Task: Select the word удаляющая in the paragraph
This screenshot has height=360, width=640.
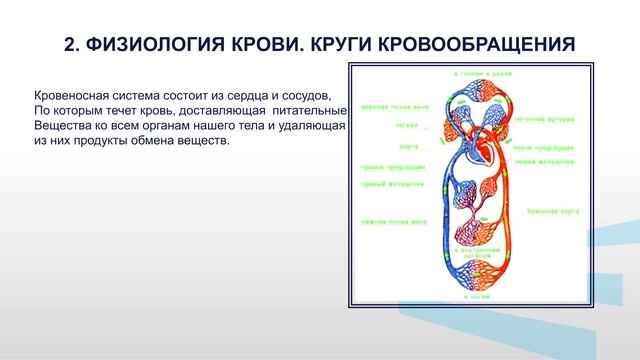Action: [310, 125]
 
